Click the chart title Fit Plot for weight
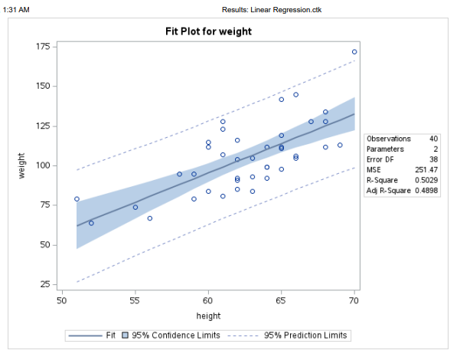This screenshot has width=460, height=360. coord(208,32)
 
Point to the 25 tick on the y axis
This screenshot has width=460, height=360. coord(46,285)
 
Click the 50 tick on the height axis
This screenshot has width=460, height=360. coord(62,300)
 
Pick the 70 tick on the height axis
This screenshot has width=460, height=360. coord(354,300)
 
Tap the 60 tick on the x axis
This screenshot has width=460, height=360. coord(208,300)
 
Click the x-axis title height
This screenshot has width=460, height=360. coord(208,316)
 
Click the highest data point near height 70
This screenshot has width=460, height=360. coord(354,52)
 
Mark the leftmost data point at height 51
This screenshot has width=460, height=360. coord(77,199)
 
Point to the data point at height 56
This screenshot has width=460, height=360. coord(150,218)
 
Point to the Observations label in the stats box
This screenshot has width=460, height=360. coord(389,139)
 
